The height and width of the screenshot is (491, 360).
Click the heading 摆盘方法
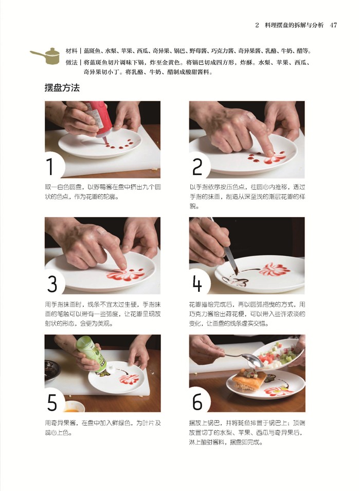[x=62, y=87]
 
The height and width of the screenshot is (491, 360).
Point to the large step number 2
[x=197, y=167]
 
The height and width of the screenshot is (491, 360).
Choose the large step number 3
[x=52, y=284]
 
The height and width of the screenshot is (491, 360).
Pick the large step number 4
[x=197, y=284]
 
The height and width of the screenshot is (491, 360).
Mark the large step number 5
[x=52, y=402]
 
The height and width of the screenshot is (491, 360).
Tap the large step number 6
[x=197, y=402]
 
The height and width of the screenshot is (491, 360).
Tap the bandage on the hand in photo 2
[x=250, y=115]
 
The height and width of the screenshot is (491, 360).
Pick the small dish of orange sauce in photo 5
[x=74, y=407]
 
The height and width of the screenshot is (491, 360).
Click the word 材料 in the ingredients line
[x=71, y=51]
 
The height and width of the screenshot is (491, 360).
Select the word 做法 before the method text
[x=71, y=62]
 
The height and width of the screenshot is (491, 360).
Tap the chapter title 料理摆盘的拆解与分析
[x=294, y=25]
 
